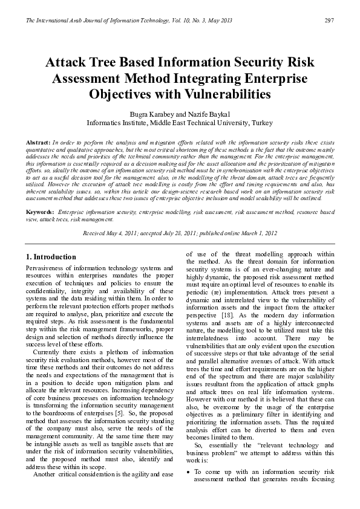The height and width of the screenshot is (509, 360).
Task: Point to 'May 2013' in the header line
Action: pos(219,21)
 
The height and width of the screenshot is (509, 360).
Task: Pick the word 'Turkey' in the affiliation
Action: pos(262,123)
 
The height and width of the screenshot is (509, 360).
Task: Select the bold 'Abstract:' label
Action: pos(38,141)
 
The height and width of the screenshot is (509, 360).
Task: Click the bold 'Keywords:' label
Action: pos(40,213)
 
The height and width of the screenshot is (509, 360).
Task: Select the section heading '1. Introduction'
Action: pos(52,257)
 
